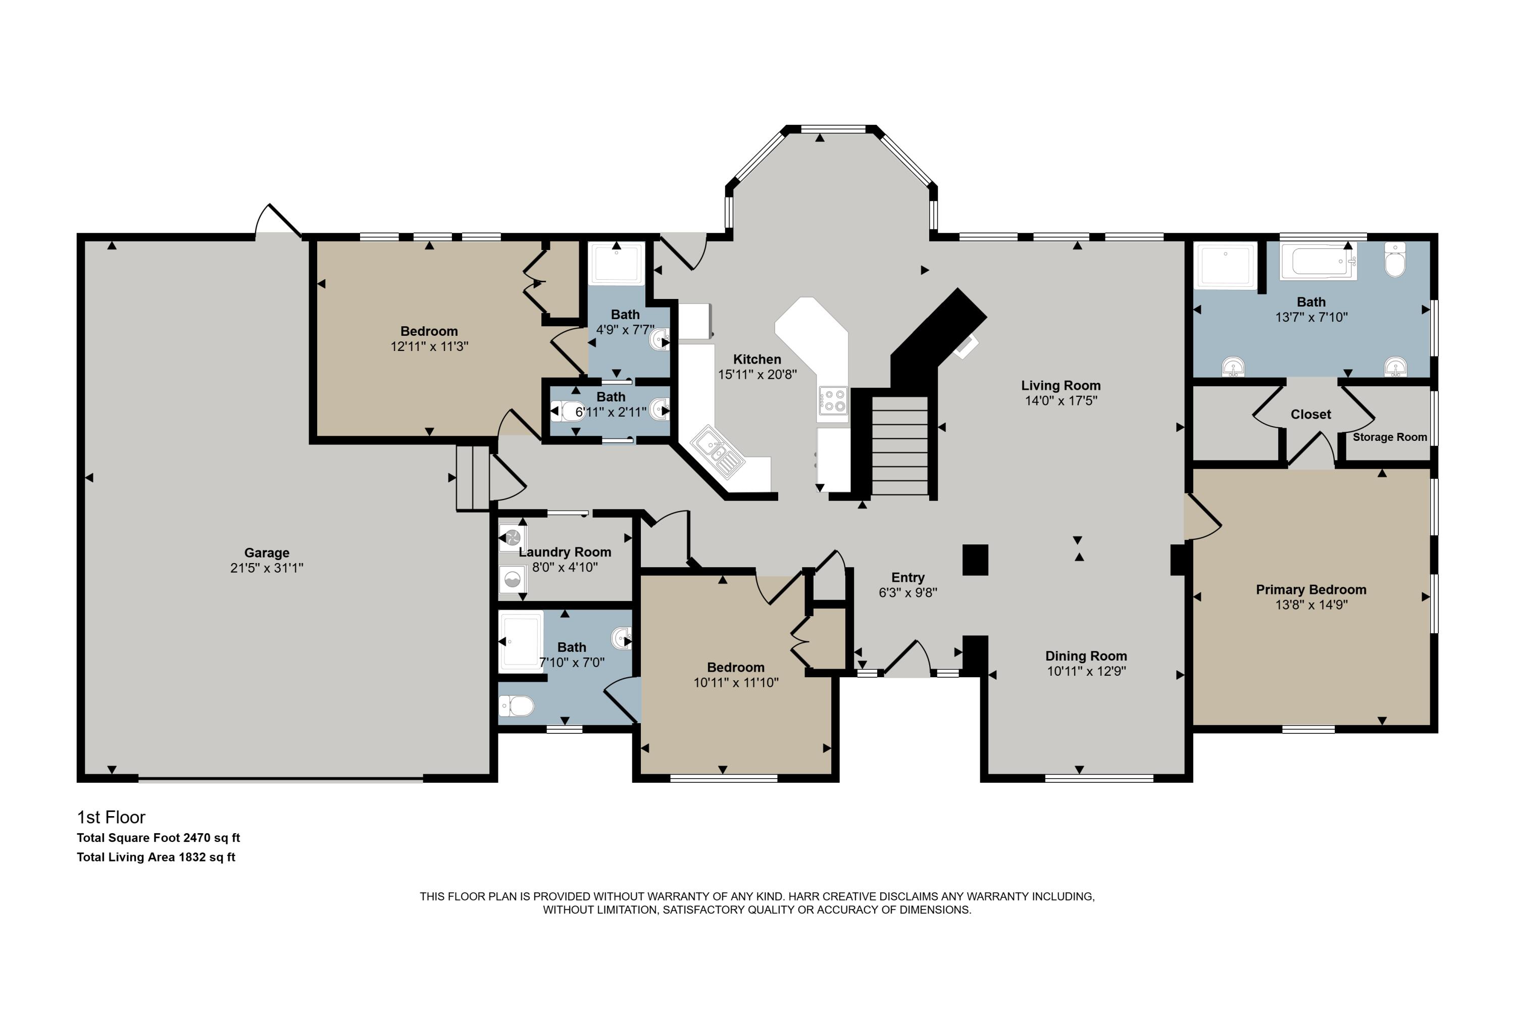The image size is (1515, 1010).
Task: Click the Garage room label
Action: point(267,552)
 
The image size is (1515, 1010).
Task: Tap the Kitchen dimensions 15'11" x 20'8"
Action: point(757,375)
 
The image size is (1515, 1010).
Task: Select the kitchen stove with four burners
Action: point(832,400)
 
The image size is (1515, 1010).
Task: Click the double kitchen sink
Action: point(718,451)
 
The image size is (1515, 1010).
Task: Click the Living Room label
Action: point(1060,386)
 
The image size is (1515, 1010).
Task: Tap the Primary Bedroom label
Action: point(1311,589)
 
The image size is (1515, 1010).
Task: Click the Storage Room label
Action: point(1389,437)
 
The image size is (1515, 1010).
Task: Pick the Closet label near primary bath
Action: point(1310,415)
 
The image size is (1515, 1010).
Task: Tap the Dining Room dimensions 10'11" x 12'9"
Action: point(1086,671)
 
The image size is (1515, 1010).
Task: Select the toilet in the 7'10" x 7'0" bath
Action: point(517,706)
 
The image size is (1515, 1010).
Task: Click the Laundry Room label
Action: point(565,552)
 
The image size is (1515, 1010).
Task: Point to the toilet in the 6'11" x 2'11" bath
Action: point(569,410)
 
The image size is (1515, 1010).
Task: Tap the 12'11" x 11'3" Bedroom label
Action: point(429,331)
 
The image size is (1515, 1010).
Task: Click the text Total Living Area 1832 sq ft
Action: point(156,857)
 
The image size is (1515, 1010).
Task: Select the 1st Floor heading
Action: point(111,818)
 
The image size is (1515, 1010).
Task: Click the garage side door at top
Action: point(278,222)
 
